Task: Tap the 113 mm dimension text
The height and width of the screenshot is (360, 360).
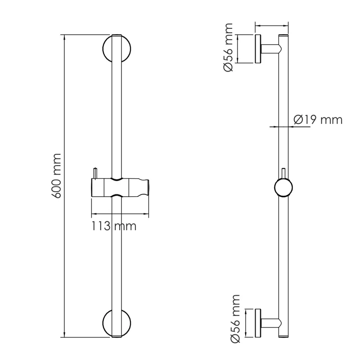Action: coord(114,226)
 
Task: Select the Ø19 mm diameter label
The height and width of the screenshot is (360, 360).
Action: coord(318,120)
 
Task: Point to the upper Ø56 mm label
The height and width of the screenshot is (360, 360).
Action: coord(228,47)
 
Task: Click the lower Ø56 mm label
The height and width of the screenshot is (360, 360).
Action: coord(235,319)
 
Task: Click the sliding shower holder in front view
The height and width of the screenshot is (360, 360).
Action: coord(120,188)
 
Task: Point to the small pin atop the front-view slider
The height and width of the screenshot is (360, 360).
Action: coord(95,173)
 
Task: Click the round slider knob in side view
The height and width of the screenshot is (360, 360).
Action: coord(283,188)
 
